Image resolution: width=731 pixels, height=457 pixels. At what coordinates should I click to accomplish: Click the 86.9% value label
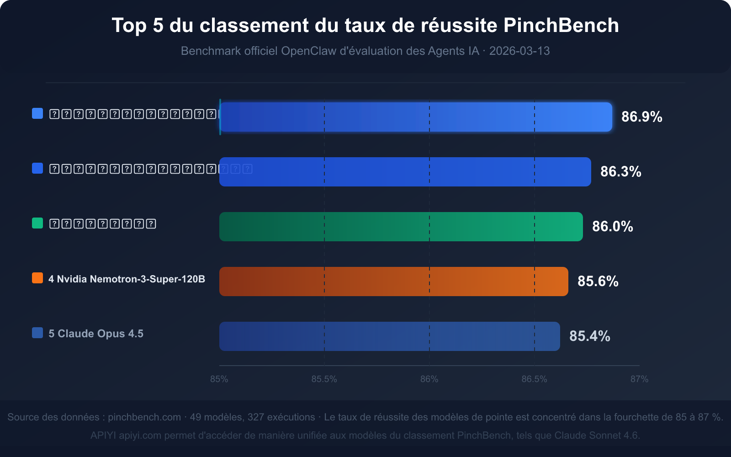[x=641, y=117]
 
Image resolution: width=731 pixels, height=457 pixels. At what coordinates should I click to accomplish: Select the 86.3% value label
[x=620, y=171]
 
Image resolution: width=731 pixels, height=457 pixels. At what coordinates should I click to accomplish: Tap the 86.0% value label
[x=612, y=226]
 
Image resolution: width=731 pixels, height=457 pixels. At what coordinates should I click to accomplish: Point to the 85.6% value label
[x=598, y=281]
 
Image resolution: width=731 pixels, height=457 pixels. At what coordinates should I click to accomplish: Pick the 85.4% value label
[x=589, y=336]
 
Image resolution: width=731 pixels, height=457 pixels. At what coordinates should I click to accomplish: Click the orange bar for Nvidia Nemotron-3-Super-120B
[x=393, y=282]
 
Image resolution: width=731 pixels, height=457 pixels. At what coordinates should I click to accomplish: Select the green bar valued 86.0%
[x=401, y=227]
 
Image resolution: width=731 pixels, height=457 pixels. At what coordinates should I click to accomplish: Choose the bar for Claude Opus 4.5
[x=389, y=336]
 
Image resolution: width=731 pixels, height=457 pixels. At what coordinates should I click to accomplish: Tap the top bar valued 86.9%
[x=415, y=117]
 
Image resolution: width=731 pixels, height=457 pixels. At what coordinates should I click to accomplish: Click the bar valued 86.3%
[x=405, y=172]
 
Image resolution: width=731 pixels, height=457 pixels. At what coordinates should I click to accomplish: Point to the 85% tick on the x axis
[x=219, y=379]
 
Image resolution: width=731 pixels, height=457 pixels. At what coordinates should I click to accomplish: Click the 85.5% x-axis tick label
[x=324, y=379]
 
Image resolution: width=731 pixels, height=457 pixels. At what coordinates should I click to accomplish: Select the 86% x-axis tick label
[x=429, y=379]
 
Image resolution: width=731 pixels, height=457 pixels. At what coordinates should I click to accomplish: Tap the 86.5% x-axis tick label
[x=534, y=379]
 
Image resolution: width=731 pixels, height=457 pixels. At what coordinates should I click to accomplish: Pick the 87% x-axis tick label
[x=639, y=379]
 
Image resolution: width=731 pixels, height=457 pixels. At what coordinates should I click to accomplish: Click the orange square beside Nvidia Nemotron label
[x=37, y=278]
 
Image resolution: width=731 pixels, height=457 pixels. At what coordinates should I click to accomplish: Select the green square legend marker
[x=37, y=223]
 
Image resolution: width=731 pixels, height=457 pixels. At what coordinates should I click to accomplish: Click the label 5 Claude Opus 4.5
[x=96, y=334]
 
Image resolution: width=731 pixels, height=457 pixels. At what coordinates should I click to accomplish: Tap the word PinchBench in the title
[x=561, y=25]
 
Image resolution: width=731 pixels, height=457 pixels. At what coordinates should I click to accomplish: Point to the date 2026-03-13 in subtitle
[x=519, y=51]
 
